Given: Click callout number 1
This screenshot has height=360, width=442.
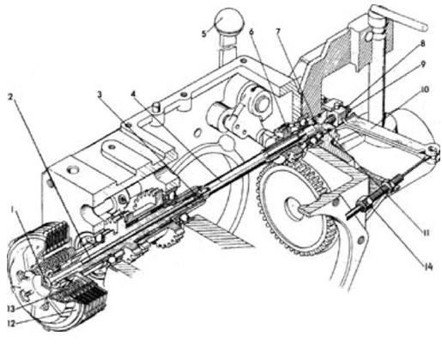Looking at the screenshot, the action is coord(12,211).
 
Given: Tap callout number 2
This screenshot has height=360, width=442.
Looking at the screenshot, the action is coord(10,97).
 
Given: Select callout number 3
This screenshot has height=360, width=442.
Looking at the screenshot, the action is coord(100,95).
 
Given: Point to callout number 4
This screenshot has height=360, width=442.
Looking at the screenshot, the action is coord(132,94).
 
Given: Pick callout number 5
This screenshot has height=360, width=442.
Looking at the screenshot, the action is coord(203,34).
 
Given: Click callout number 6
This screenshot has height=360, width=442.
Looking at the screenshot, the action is coord(251,32).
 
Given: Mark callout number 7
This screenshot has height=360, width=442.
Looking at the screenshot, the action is coord(278,32).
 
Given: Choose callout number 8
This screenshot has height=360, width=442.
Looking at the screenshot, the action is coord(422,44).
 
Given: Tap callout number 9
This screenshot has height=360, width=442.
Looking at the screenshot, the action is coord(422,64).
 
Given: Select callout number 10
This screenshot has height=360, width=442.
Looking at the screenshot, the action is coord(424,89).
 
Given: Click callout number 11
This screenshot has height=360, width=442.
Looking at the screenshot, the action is coord(426,233).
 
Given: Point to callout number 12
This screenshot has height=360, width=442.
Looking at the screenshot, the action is coord(11,323).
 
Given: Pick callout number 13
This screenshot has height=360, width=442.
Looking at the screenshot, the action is coord(11,308).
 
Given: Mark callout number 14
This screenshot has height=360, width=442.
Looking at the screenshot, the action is coord(427,267).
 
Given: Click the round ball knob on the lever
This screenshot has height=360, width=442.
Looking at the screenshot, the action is coord(229,20).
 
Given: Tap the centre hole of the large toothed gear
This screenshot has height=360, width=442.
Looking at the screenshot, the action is coord(293,206).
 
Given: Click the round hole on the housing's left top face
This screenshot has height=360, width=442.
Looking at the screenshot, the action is coord(73,169).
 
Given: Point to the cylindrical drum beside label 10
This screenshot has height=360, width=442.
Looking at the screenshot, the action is coord(412,127).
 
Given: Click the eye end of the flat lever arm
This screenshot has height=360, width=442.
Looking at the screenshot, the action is coord(432,149).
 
